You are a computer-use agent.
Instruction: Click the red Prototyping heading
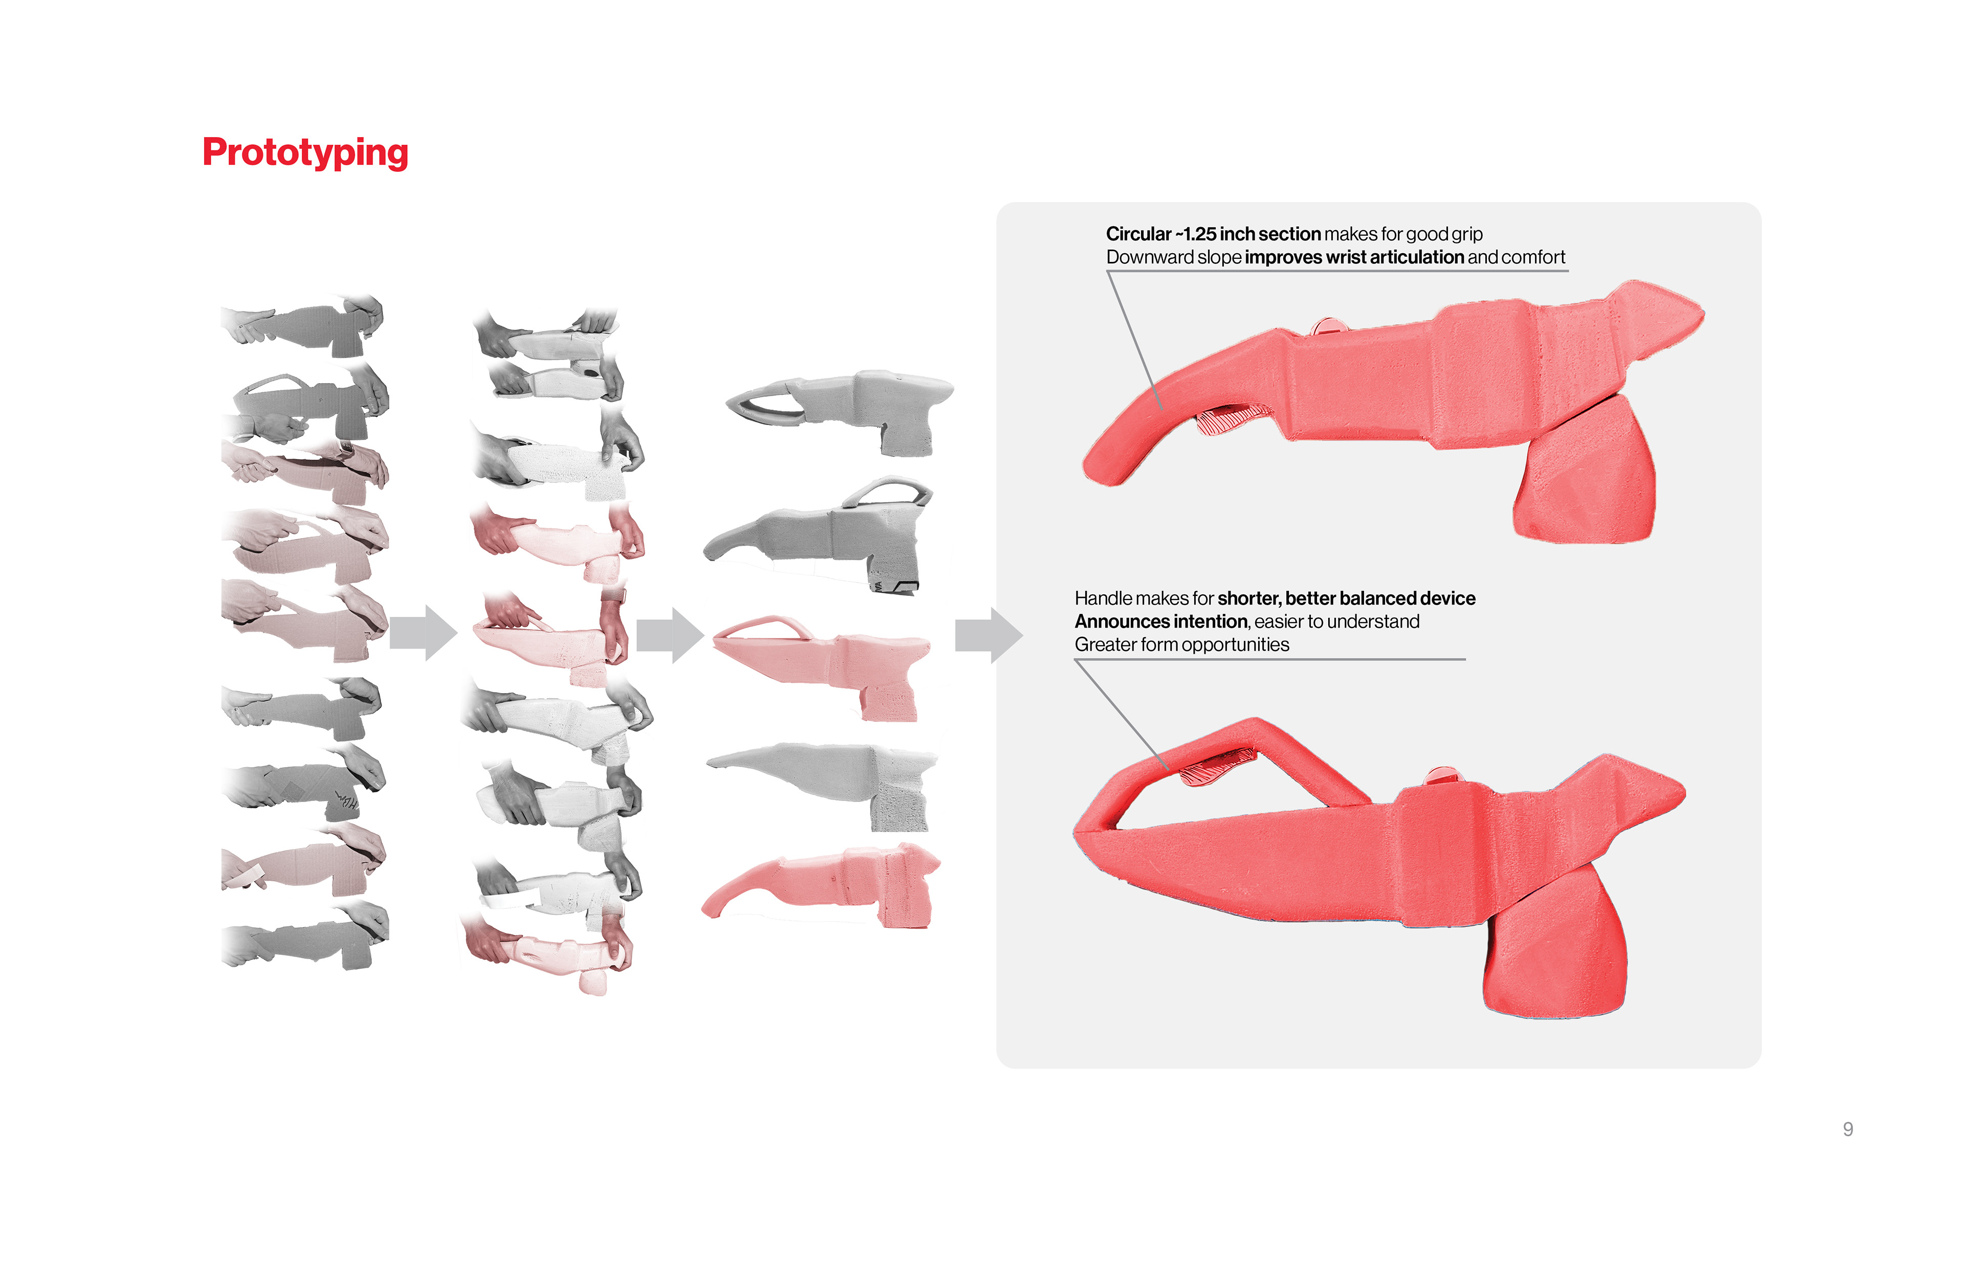pos(305,153)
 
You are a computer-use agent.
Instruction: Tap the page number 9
pos(1848,1129)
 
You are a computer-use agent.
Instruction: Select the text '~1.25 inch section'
pos(1248,234)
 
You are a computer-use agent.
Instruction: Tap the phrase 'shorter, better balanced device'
pos(1347,598)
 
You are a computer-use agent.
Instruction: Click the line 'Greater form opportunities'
pos(1181,644)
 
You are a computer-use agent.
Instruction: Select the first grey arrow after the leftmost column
pos(423,633)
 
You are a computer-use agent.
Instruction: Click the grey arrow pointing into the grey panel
pos(989,635)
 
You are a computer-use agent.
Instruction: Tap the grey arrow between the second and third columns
pos(670,635)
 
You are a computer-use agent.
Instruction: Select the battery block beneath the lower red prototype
pos(1555,942)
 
